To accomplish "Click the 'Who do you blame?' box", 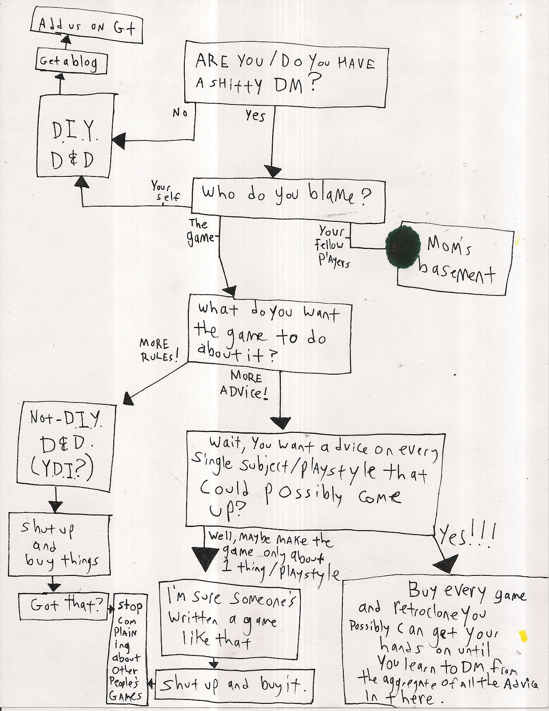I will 288,200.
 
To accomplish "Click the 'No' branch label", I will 180,113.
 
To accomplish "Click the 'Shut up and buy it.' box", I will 233,684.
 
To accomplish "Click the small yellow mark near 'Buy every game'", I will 524,636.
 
